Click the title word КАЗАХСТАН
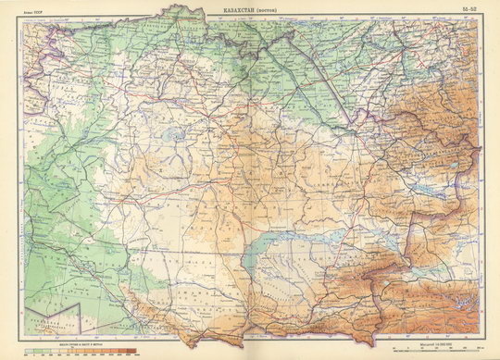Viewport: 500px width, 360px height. (x=239, y=9)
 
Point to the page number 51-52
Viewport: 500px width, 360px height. (x=470, y=9)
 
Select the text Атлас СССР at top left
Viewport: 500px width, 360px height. (x=31, y=9)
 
